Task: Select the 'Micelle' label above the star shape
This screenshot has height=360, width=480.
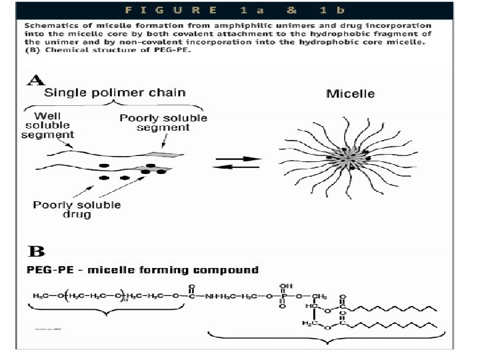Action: click(350, 93)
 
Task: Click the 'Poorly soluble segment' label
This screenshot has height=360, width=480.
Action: click(163, 123)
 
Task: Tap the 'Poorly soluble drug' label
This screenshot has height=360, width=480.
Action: click(77, 209)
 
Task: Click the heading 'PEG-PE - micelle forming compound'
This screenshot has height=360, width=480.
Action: click(142, 270)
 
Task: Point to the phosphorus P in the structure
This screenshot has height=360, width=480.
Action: click(283, 295)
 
